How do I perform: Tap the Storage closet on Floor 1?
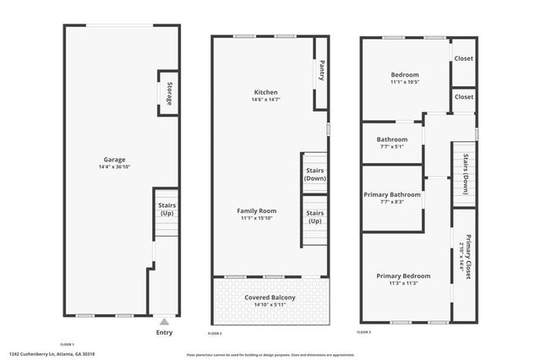tap(168, 93)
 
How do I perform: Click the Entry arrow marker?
tap(164, 321)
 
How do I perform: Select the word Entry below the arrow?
tap(164, 332)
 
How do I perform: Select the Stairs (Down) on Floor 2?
tap(314, 174)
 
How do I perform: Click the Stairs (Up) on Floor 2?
tap(314, 216)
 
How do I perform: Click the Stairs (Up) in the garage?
tap(167, 208)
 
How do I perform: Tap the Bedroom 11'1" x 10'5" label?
tap(404, 79)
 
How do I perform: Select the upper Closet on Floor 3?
tap(463, 58)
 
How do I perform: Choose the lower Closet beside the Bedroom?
tap(463, 97)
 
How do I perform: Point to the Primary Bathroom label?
tap(392, 198)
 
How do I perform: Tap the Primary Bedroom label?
tap(403, 280)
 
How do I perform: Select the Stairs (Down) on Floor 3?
tap(464, 173)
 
